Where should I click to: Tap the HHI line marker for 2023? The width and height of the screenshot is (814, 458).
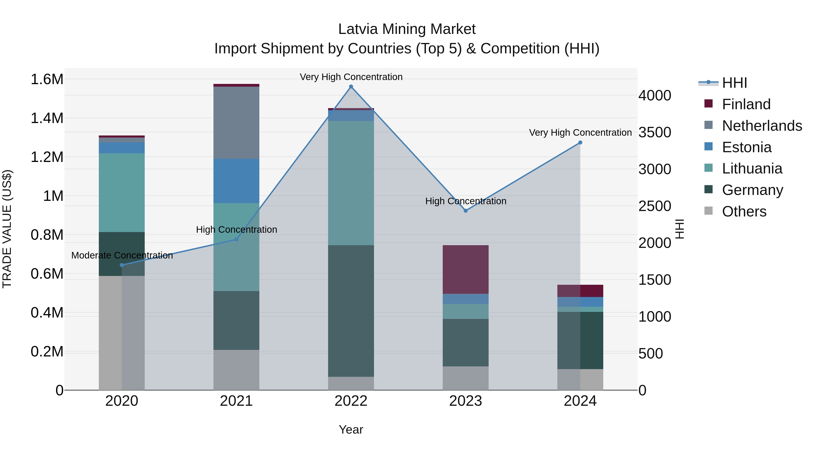[x=466, y=211]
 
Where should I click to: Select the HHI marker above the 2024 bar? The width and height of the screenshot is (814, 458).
[x=580, y=142]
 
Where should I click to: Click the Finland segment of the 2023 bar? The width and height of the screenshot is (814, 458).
[x=466, y=269]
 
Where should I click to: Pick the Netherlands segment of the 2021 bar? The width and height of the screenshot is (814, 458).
[x=236, y=123]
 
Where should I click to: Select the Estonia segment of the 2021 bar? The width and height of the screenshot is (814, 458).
[x=236, y=181]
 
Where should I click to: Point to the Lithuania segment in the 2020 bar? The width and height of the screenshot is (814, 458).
[x=122, y=192]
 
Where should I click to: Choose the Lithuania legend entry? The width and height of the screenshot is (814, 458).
[x=752, y=168]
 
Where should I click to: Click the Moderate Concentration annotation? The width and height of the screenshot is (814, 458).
[x=122, y=255]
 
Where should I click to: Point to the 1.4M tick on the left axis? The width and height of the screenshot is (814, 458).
[x=47, y=118]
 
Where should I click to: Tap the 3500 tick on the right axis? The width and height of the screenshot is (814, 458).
[x=655, y=133]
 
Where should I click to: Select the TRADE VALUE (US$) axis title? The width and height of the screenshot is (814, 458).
[x=7, y=229]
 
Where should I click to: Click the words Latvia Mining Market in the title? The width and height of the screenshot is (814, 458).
[x=407, y=29]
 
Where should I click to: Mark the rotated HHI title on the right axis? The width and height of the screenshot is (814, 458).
[x=679, y=229]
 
